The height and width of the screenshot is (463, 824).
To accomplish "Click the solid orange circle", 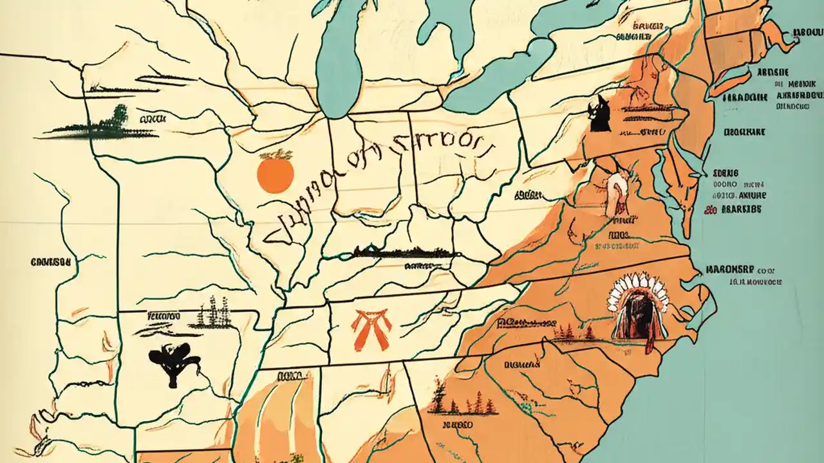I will click(x=276, y=174).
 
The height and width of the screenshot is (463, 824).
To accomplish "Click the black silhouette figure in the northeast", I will click(x=599, y=115).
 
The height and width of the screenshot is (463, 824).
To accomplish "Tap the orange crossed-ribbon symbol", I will click(x=372, y=327).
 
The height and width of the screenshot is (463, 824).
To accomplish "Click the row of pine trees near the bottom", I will click(x=464, y=403).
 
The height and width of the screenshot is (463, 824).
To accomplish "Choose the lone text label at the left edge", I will click(x=50, y=262).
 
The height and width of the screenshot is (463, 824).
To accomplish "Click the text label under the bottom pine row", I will click(x=457, y=425).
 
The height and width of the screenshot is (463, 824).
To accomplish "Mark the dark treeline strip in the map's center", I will click(x=402, y=252).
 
